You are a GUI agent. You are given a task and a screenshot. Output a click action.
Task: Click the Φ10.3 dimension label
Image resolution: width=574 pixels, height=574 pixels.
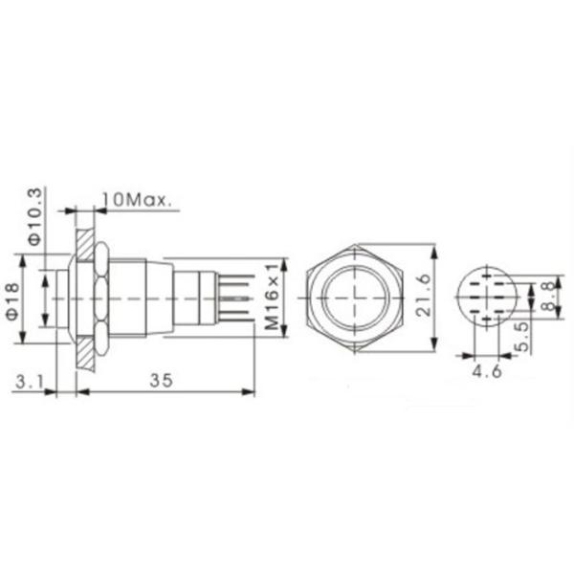36,217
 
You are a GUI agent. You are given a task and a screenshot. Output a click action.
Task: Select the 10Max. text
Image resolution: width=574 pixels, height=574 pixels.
136,200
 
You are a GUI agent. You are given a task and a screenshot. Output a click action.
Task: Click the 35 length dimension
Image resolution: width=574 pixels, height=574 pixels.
161,381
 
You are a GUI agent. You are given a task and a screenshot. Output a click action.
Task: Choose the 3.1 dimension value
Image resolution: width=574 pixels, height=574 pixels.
30,382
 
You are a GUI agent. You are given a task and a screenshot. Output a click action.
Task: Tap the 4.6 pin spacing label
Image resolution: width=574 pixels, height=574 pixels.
487,371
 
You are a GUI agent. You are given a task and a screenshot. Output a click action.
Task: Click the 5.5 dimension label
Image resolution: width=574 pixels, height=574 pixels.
524,337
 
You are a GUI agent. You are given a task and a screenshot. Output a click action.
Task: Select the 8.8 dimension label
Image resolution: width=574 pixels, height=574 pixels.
548,297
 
